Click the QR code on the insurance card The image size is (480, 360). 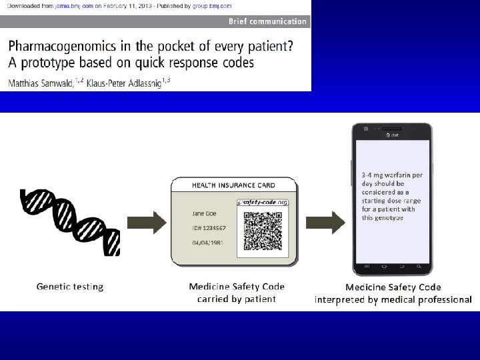point(263,229)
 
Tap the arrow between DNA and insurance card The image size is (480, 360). point(154,222)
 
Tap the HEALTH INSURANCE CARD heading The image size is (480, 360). point(233,185)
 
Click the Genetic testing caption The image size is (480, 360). point(70,287)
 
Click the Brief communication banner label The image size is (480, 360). point(267,21)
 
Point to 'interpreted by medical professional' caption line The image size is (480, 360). point(393,299)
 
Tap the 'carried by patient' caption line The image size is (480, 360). point(237,299)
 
